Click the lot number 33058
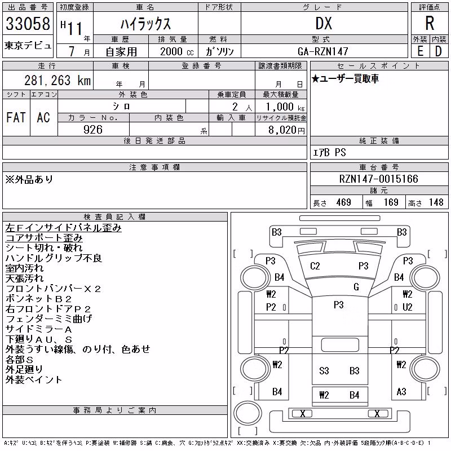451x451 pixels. tap(28, 24)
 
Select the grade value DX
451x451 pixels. tap(324, 23)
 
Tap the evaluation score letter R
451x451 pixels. tap(430, 23)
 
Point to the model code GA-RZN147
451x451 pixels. tap(323, 51)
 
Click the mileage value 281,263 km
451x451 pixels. tap(58, 80)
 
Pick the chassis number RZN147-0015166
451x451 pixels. tap(378, 179)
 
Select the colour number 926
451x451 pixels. tap(93, 130)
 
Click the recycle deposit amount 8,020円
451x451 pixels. tap(286, 130)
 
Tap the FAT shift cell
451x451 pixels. tap(16, 117)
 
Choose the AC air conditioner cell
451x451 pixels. tap(43, 117)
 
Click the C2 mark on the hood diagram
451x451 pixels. tap(315, 266)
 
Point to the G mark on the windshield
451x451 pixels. tap(356, 287)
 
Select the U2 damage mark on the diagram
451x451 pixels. tap(407, 307)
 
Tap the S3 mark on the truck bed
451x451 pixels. tap(324, 371)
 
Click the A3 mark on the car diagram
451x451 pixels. tap(401, 391)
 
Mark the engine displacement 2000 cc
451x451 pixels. tap(177, 52)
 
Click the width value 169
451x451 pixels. tap(391, 202)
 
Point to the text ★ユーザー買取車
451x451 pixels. tap(345, 78)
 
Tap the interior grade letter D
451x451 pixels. tap(439, 51)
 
